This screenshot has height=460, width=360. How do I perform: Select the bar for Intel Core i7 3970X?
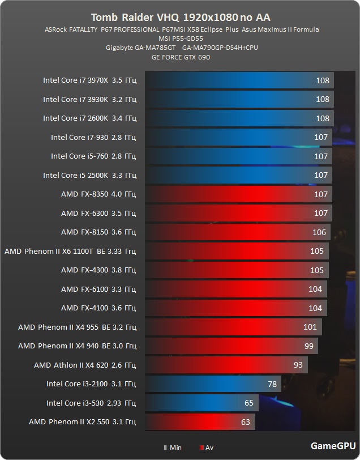pos(238,80)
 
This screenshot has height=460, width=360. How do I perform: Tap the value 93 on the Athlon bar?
pos(298,365)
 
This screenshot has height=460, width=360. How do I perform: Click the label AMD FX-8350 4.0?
pos(98,194)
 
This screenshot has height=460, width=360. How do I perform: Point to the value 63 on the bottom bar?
pos(246,422)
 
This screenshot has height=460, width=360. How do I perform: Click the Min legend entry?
pos(173,448)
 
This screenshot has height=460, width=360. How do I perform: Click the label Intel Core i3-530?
pos(91,403)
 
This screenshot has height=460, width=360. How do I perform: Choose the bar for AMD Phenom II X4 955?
pos(232,327)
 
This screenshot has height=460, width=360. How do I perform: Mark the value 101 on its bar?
pos(310,327)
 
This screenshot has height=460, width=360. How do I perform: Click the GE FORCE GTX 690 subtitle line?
pos(181,57)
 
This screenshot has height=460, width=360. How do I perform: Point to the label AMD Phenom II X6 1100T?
pos(70,251)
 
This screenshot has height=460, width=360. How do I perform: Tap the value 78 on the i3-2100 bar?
pos(272,384)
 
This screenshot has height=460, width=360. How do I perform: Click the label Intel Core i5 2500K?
pos(89,175)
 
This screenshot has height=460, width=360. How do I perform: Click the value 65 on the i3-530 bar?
pos(249,403)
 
